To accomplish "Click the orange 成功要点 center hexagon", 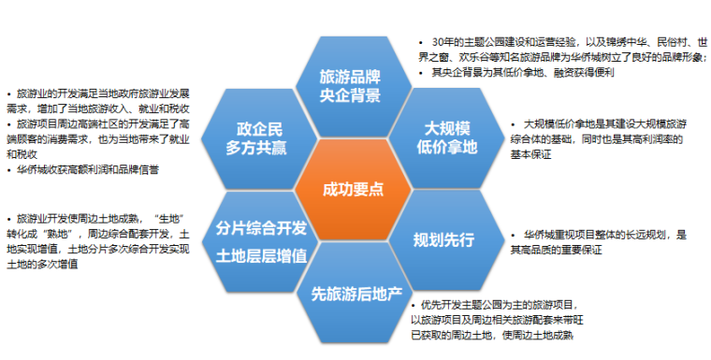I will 353,188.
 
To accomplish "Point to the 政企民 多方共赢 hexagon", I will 261,137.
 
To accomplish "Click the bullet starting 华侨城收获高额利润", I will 84,170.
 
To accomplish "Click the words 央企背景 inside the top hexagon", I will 352,96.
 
